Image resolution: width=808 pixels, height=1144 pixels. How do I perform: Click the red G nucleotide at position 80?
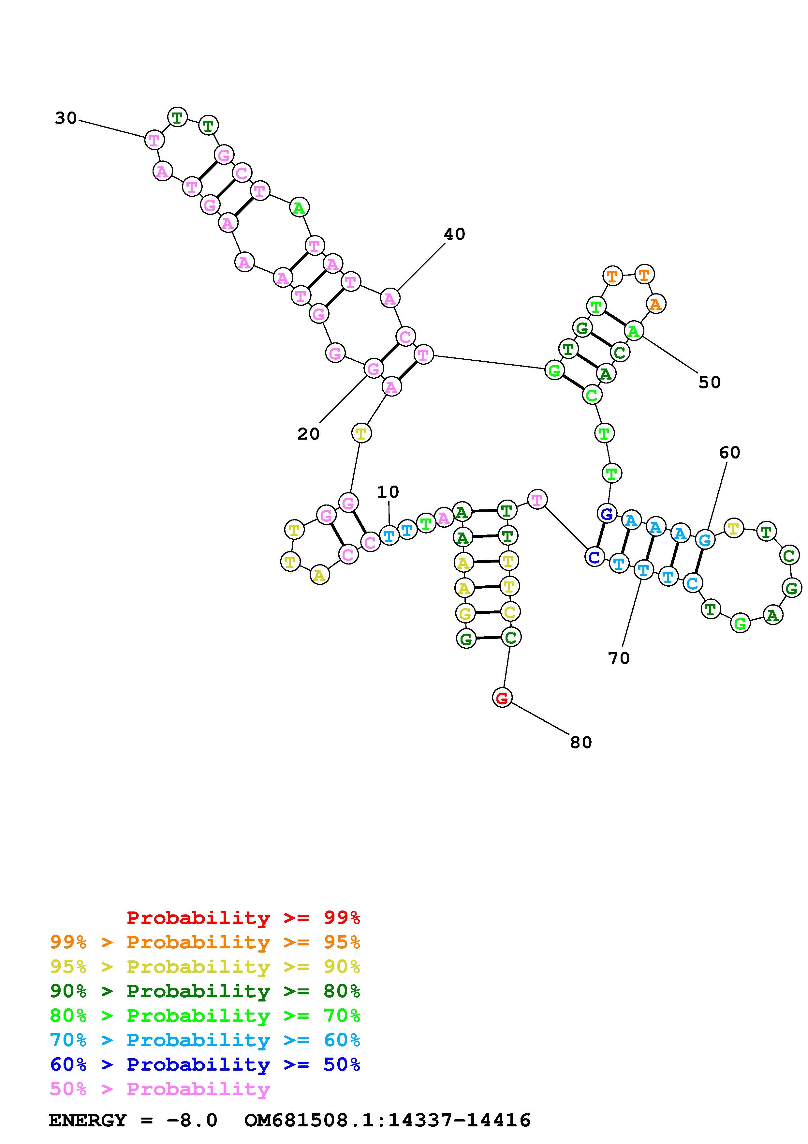click(x=502, y=698)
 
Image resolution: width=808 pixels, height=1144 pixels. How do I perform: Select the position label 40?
click(x=454, y=234)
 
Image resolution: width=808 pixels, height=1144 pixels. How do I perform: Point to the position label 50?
click(x=710, y=383)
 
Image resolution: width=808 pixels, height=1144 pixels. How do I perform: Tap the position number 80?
click(x=580, y=743)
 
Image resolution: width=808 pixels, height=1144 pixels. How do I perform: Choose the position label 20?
click(x=308, y=434)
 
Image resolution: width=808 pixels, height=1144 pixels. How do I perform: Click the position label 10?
click(x=388, y=492)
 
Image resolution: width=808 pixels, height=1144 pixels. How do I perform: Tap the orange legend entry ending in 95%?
click(x=205, y=942)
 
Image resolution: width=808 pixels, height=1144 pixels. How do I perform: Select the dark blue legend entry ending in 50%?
click(x=205, y=1064)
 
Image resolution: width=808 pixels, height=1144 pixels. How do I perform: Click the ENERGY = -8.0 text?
click(x=133, y=1121)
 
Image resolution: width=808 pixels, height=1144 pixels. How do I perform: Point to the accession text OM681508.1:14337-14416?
click(x=387, y=1121)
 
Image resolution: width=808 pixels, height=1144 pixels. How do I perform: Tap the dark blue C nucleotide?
click(x=594, y=557)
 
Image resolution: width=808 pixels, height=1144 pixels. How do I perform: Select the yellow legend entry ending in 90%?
click(x=205, y=967)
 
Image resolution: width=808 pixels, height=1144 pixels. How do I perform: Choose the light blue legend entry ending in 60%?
click(x=205, y=1040)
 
